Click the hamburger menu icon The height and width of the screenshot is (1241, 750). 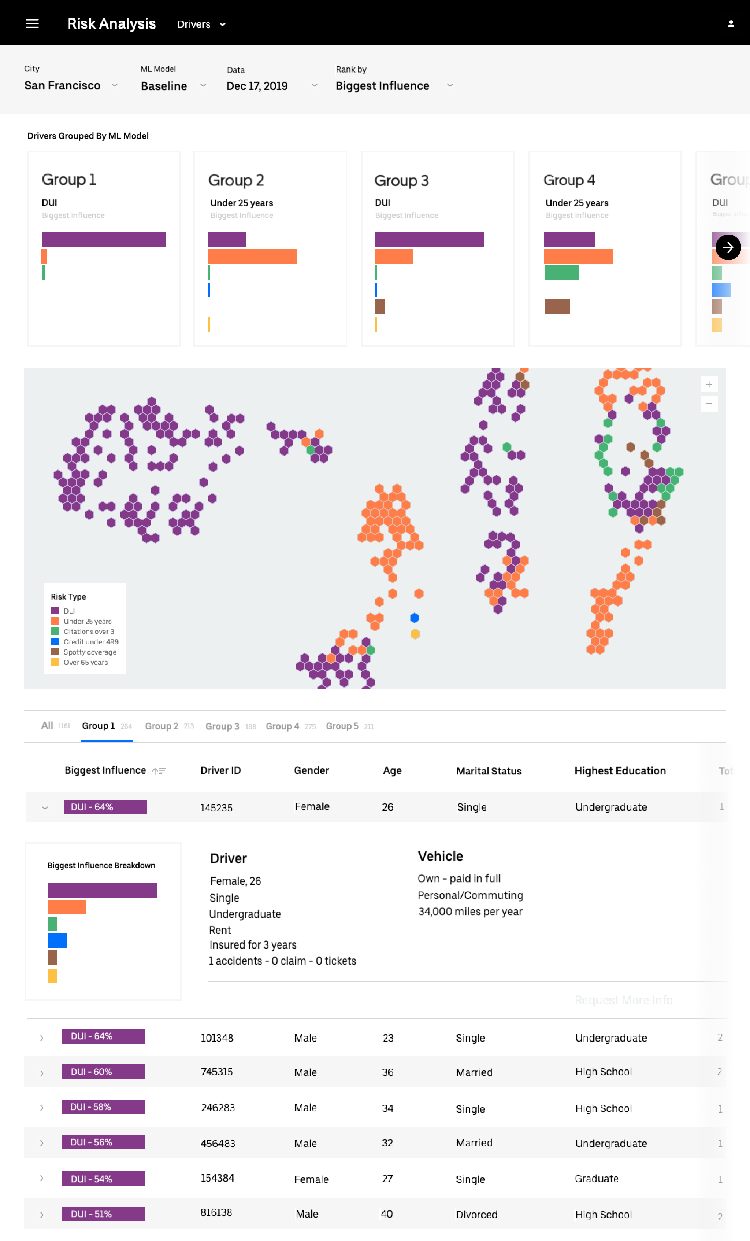32,24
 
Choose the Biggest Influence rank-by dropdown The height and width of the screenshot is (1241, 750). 394,86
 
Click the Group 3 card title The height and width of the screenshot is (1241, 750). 401,180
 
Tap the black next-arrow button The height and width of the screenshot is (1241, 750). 728,247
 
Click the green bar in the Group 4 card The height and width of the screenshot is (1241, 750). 561,272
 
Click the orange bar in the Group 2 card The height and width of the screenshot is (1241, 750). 252,256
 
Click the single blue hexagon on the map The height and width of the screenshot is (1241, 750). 414,618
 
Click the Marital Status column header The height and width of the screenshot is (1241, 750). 488,771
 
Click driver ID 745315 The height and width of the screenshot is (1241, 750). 216,1072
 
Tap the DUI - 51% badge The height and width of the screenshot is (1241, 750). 104,1214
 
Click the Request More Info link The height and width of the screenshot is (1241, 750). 623,1000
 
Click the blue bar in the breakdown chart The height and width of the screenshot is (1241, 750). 57,941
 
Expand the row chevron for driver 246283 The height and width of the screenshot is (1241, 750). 42,1108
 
